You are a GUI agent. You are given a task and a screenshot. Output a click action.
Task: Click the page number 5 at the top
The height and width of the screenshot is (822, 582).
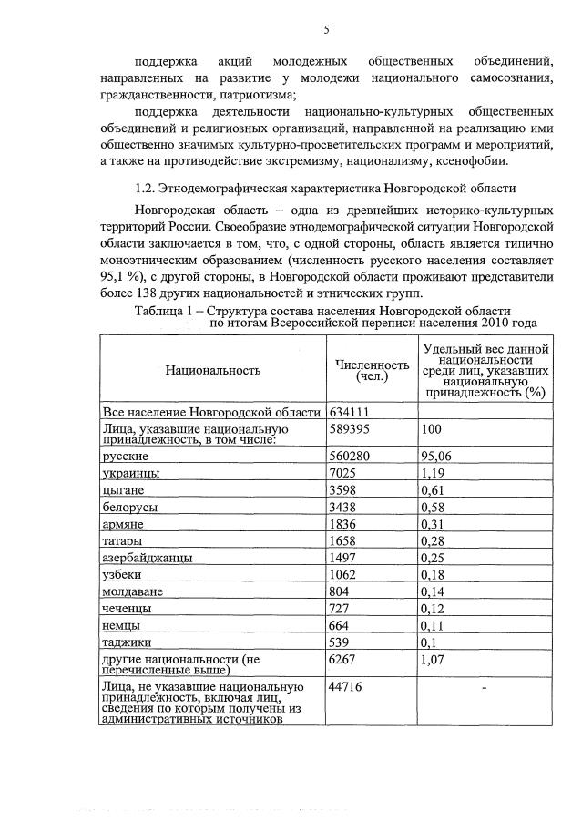325,30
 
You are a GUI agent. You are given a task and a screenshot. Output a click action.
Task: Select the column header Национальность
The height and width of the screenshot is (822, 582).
213,370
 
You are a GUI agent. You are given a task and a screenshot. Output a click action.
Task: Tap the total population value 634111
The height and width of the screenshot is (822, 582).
349,412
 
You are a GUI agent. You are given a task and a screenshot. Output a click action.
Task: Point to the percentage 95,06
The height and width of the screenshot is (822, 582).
439,455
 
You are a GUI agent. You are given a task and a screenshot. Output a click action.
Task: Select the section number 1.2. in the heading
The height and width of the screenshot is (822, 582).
144,189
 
